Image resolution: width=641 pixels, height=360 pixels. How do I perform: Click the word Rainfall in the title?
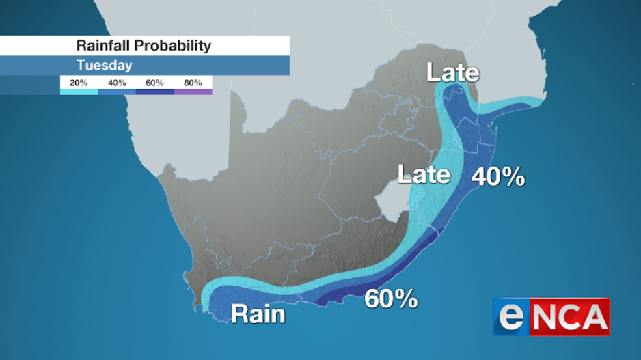pyautogui.click(x=103, y=46)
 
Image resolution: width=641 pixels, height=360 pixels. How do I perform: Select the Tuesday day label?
pyautogui.click(x=104, y=66)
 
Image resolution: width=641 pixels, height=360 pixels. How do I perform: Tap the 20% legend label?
pyautogui.click(x=79, y=83)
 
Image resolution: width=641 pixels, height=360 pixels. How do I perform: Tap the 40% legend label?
pyautogui.click(x=117, y=83)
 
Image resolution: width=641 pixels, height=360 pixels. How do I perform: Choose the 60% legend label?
pyautogui.click(x=155, y=83)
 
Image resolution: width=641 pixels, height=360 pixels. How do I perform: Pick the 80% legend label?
pyautogui.click(x=193, y=83)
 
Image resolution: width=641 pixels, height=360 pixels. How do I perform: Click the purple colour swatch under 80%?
pyautogui.click(x=193, y=91)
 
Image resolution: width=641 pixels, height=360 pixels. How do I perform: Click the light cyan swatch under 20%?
pyautogui.click(x=79, y=91)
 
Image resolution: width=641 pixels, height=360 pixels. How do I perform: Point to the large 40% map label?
pyautogui.click(x=498, y=178)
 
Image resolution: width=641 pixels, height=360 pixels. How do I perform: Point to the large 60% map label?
pyautogui.click(x=391, y=299)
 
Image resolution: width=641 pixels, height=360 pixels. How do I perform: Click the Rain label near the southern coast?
pyautogui.click(x=258, y=314)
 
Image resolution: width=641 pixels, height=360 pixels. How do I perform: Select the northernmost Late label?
pyautogui.click(x=454, y=73)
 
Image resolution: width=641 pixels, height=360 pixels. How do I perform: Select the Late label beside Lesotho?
pyautogui.click(x=424, y=175)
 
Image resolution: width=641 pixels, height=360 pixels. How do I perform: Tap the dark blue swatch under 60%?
pyautogui.click(x=155, y=91)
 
